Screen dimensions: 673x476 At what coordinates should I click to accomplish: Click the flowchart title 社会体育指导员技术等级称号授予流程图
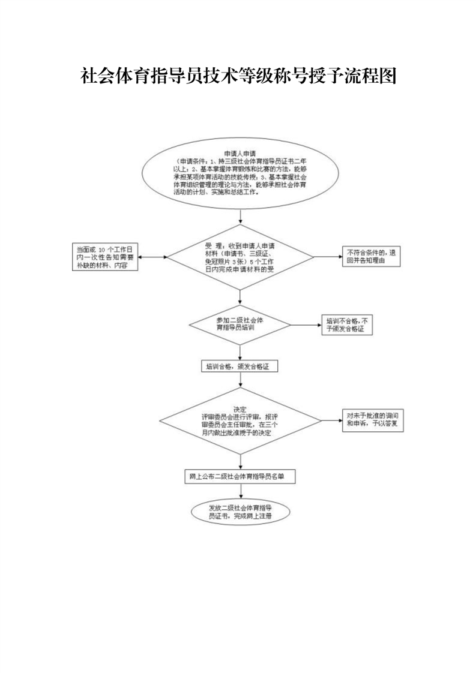click(x=238, y=76)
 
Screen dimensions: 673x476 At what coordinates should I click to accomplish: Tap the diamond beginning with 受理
click(x=240, y=258)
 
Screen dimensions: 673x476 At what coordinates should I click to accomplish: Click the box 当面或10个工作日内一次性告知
click(x=103, y=257)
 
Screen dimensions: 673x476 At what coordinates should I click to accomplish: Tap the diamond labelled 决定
click(x=240, y=420)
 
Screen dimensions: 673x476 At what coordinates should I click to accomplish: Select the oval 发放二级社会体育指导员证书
click(x=240, y=511)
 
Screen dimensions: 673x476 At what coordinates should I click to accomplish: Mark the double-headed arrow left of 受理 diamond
click(x=151, y=257)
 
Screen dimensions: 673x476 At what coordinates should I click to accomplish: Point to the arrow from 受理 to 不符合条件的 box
click(x=327, y=257)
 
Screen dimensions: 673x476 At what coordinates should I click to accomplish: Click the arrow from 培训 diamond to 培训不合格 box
click(x=305, y=325)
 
